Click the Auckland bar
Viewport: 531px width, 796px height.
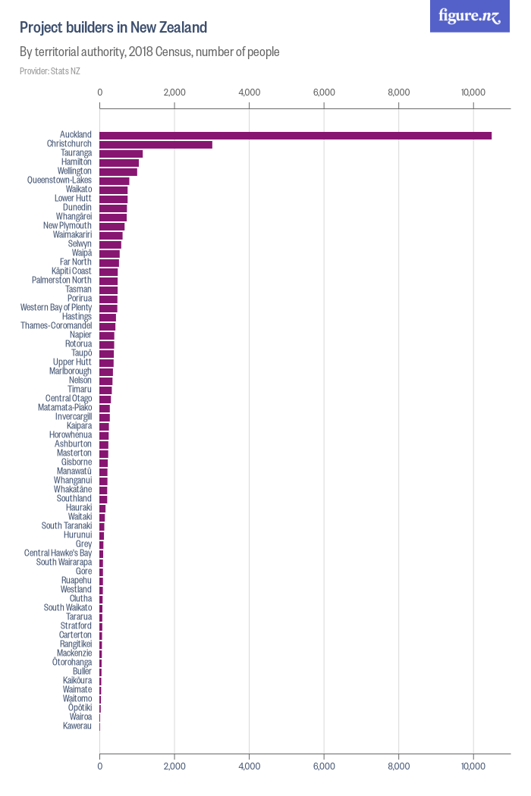(x=295, y=136)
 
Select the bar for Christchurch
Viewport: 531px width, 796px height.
(x=156, y=145)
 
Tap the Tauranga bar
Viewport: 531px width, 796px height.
(x=121, y=154)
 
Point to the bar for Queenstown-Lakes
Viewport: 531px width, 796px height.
(x=115, y=181)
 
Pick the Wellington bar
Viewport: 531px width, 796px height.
(x=118, y=172)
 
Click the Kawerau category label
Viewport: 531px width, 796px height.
(x=77, y=726)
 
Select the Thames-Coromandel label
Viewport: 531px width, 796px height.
(x=56, y=326)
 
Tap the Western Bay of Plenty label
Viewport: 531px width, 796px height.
(x=56, y=308)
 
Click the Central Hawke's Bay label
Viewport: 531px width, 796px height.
(x=58, y=553)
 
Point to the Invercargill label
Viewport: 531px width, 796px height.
(x=74, y=417)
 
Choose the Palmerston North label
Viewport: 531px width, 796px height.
(x=61, y=280)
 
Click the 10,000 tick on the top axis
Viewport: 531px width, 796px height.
(x=473, y=92)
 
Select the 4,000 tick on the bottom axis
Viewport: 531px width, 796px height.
(x=249, y=766)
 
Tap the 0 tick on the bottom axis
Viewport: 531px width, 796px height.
(x=100, y=766)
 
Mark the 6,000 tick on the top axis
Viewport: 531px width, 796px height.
(x=324, y=92)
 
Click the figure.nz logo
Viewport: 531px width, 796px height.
(x=470, y=16)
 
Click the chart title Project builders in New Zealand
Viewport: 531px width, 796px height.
(x=113, y=28)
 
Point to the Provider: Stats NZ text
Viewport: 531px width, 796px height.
(x=49, y=71)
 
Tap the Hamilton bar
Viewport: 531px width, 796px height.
(x=119, y=163)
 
